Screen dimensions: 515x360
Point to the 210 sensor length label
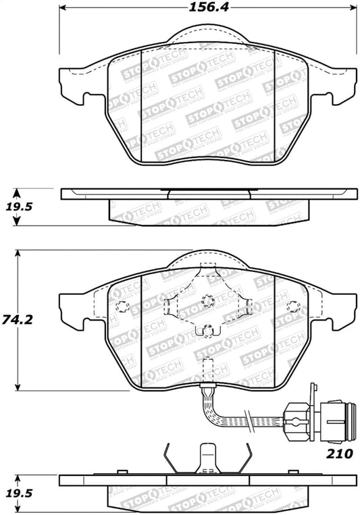point(340,454)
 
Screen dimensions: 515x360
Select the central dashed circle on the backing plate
point(208,301)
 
